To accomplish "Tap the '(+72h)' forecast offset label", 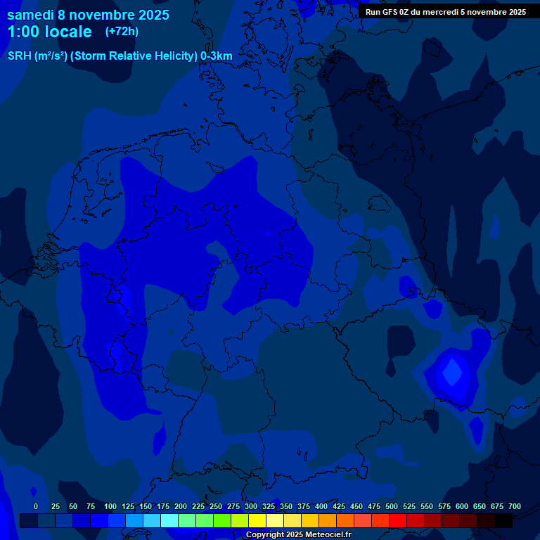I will pos(122,32).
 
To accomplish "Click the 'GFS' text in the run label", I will pos(392,12).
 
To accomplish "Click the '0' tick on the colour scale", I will pos(36,506).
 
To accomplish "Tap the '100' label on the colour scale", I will pos(110,506).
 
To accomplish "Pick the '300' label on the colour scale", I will pos(251,506).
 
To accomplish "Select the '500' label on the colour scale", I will pos(392,506).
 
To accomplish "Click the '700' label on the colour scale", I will pos(515,506).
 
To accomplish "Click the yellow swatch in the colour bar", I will pos(257,521).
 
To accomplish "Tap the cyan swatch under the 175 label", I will pos(169,521).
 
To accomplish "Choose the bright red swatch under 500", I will pos(398,521).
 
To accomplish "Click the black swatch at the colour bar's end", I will pos(503,521).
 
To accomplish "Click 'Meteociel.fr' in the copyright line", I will pos(328,535).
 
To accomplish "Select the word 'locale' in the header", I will pos(68,32).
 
